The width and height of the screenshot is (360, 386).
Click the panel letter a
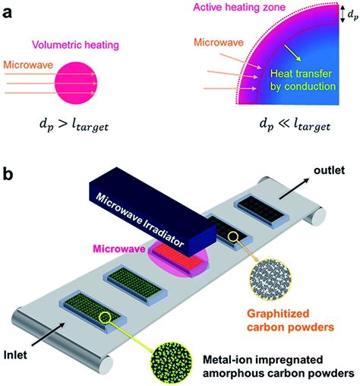point(7,13)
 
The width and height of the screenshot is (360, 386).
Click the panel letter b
point(8,174)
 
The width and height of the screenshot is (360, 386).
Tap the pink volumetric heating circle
point(76,83)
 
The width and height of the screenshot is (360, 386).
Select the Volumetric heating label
point(75,45)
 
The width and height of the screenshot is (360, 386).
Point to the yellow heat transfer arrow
point(292,52)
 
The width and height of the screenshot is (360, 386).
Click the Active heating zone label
point(239,7)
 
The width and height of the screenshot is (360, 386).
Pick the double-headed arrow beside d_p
point(342,14)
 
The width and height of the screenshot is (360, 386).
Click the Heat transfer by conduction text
point(302,80)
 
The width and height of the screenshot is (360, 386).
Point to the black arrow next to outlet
point(295,188)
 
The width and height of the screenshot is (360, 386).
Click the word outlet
point(329,170)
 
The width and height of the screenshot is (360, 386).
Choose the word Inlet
point(15,355)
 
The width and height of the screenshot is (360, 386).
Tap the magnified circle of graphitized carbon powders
point(270,280)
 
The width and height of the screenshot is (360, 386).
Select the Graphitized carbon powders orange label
point(290,321)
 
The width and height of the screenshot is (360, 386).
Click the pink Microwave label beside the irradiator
point(119,248)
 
